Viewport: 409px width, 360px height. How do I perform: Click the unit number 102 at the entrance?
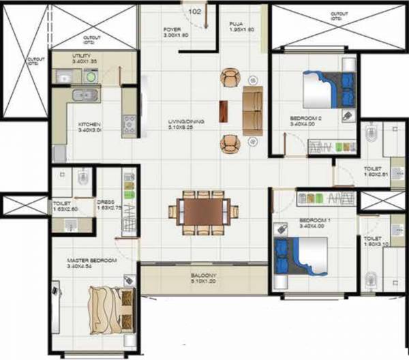[x=194, y=12]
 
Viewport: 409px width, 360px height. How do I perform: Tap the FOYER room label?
[x=172, y=29]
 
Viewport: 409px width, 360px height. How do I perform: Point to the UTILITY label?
[x=85, y=56]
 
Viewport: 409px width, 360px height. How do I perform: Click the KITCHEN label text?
[x=89, y=125]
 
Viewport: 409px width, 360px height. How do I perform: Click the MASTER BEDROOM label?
[x=92, y=260]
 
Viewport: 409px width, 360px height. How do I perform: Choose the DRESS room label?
[x=106, y=202]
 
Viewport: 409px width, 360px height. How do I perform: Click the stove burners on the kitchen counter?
[x=127, y=123]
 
